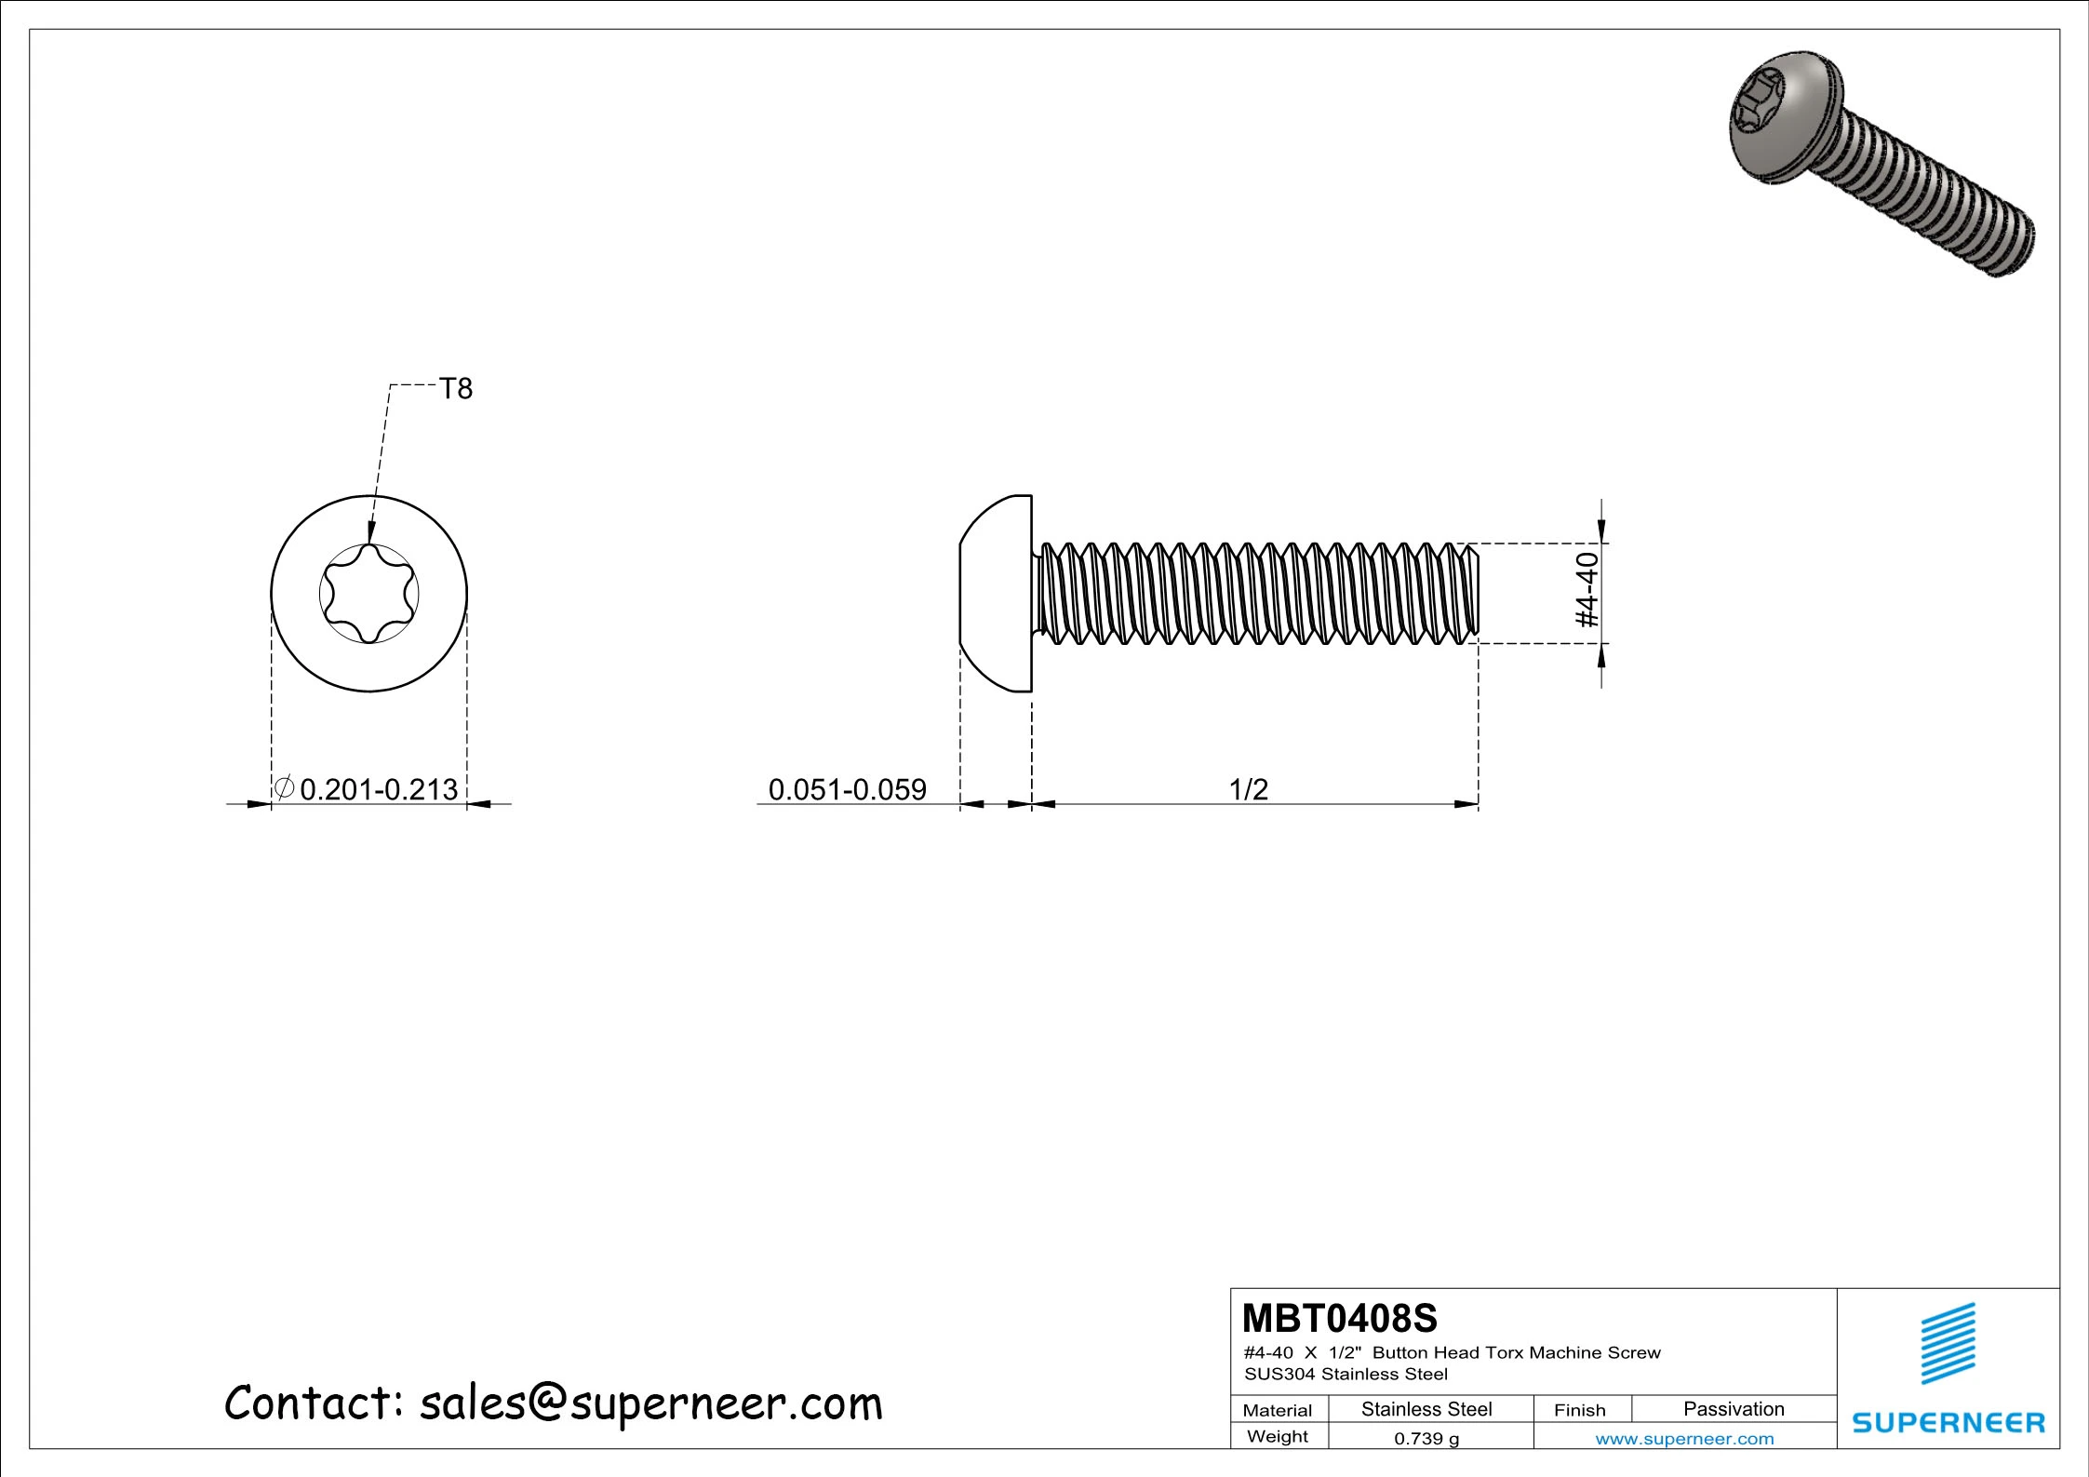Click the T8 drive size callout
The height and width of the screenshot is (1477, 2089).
pyautogui.click(x=455, y=388)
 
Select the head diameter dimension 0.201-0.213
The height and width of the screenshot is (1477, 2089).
pyautogui.click(x=379, y=789)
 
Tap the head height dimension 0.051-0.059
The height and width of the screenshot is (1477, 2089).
pyautogui.click(x=847, y=789)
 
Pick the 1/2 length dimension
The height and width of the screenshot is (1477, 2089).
pyautogui.click(x=1248, y=789)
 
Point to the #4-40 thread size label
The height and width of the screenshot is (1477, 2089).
pyautogui.click(x=1587, y=590)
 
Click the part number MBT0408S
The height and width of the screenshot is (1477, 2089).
pyautogui.click(x=1339, y=1319)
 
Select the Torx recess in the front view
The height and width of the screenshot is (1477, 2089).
pyautogui.click(x=368, y=594)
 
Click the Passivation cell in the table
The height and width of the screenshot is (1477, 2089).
pyautogui.click(x=1734, y=1409)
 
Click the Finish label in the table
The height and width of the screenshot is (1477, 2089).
pyautogui.click(x=1579, y=1410)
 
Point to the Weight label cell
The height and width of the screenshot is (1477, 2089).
pyautogui.click(x=1277, y=1437)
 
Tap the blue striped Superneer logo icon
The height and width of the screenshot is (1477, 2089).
pyautogui.click(x=1948, y=1344)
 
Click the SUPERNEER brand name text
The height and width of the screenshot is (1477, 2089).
pyautogui.click(x=1948, y=1422)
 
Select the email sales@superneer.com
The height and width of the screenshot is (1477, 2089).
pyautogui.click(x=650, y=1403)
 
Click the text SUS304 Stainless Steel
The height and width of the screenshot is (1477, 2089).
pyautogui.click(x=1346, y=1375)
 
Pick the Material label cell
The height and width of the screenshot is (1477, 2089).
pyautogui.click(x=1277, y=1410)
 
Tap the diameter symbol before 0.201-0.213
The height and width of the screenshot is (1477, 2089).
pyautogui.click(x=285, y=787)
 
